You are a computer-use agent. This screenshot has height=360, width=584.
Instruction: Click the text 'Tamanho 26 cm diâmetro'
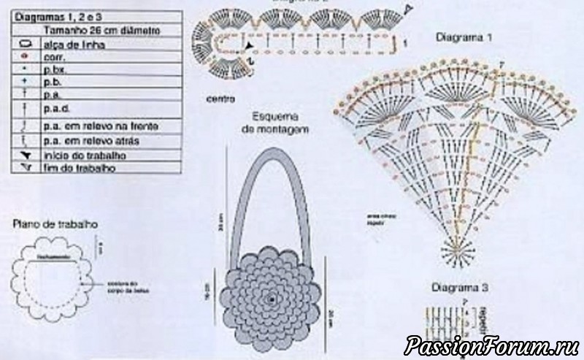(101, 31)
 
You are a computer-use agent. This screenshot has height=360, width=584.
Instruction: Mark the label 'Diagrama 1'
(464, 37)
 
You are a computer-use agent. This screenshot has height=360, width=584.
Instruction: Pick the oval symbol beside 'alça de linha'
(24, 45)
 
